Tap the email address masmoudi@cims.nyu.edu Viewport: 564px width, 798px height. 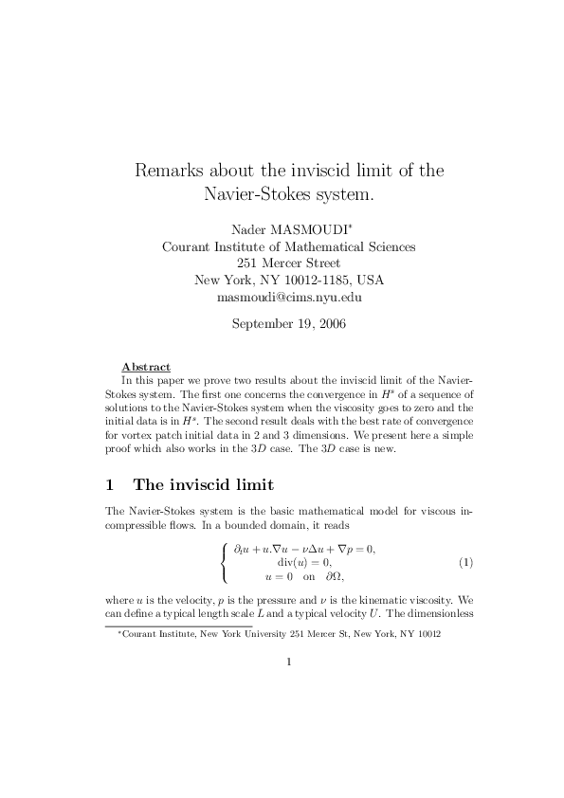(x=289, y=297)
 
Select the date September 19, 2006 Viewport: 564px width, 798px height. (x=289, y=324)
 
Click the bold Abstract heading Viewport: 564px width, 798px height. (x=146, y=367)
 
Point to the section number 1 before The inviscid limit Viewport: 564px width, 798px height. (x=110, y=485)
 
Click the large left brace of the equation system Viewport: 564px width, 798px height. (x=224, y=563)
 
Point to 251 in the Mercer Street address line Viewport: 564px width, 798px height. (x=249, y=263)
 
